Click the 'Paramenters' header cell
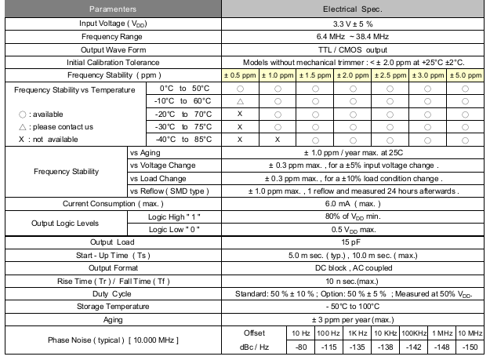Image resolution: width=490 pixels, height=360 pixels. (x=112, y=9)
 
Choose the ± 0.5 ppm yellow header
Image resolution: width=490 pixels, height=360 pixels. (x=239, y=75)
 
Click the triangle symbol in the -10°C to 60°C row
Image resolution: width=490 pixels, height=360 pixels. (x=239, y=101)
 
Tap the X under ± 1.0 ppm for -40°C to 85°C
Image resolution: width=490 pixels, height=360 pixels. (x=277, y=139)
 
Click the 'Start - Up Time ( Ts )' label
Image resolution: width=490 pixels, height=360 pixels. (x=112, y=255)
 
